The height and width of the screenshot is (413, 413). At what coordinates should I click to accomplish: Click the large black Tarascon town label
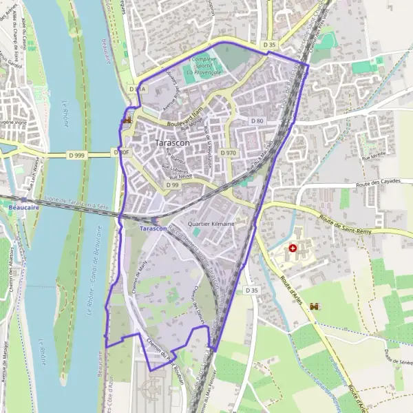click(x=173, y=142)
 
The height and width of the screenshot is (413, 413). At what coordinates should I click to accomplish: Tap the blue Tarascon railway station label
click(x=153, y=228)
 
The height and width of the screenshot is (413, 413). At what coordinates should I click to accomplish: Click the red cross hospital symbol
click(x=294, y=248)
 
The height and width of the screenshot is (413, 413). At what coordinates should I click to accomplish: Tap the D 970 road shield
click(x=229, y=152)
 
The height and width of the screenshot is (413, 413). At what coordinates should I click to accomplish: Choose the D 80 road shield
click(x=257, y=120)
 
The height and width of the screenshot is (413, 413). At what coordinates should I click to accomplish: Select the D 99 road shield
click(x=172, y=185)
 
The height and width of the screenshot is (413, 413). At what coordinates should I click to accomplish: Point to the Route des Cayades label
click(x=377, y=185)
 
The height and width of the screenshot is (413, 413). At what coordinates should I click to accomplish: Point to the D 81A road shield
click(x=137, y=89)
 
